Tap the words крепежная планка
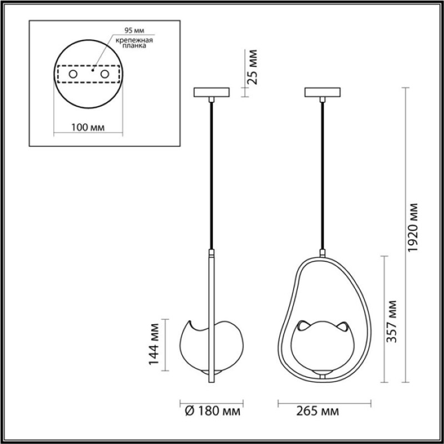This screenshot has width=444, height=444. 134,43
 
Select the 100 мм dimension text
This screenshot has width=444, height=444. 88,128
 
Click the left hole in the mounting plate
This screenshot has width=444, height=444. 73,74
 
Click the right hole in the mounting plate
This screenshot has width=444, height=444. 105,74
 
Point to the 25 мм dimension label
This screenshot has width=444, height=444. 252,67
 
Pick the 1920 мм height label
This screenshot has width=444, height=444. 413,228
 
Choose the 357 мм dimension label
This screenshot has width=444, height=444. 392,321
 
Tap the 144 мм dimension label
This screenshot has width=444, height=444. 154,344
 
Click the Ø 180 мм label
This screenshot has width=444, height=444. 213,411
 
